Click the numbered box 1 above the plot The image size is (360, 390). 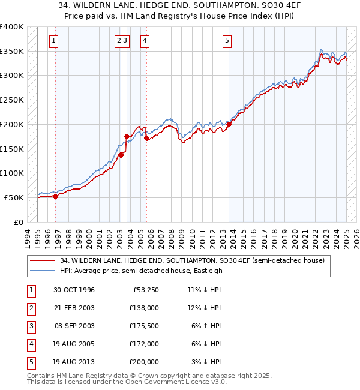pyautogui.click(x=54, y=41)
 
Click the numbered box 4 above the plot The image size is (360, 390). pyautogui.click(x=145, y=41)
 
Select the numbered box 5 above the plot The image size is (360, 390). pyautogui.click(x=227, y=41)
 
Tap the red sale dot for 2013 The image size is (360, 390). pyautogui.click(x=229, y=125)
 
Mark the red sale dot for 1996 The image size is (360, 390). pyautogui.click(x=55, y=196)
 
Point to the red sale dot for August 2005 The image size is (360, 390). pyautogui.click(x=147, y=138)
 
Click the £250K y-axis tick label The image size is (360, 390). pyautogui.click(x=12, y=100)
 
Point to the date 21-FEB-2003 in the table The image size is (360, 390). pyautogui.click(x=74, y=308)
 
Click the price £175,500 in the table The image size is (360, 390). pyautogui.click(x=144, y=326)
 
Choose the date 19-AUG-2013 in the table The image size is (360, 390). pyautogui.click(x=74, y=362)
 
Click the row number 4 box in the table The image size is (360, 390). pyautogui.click(x=30, y=344)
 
